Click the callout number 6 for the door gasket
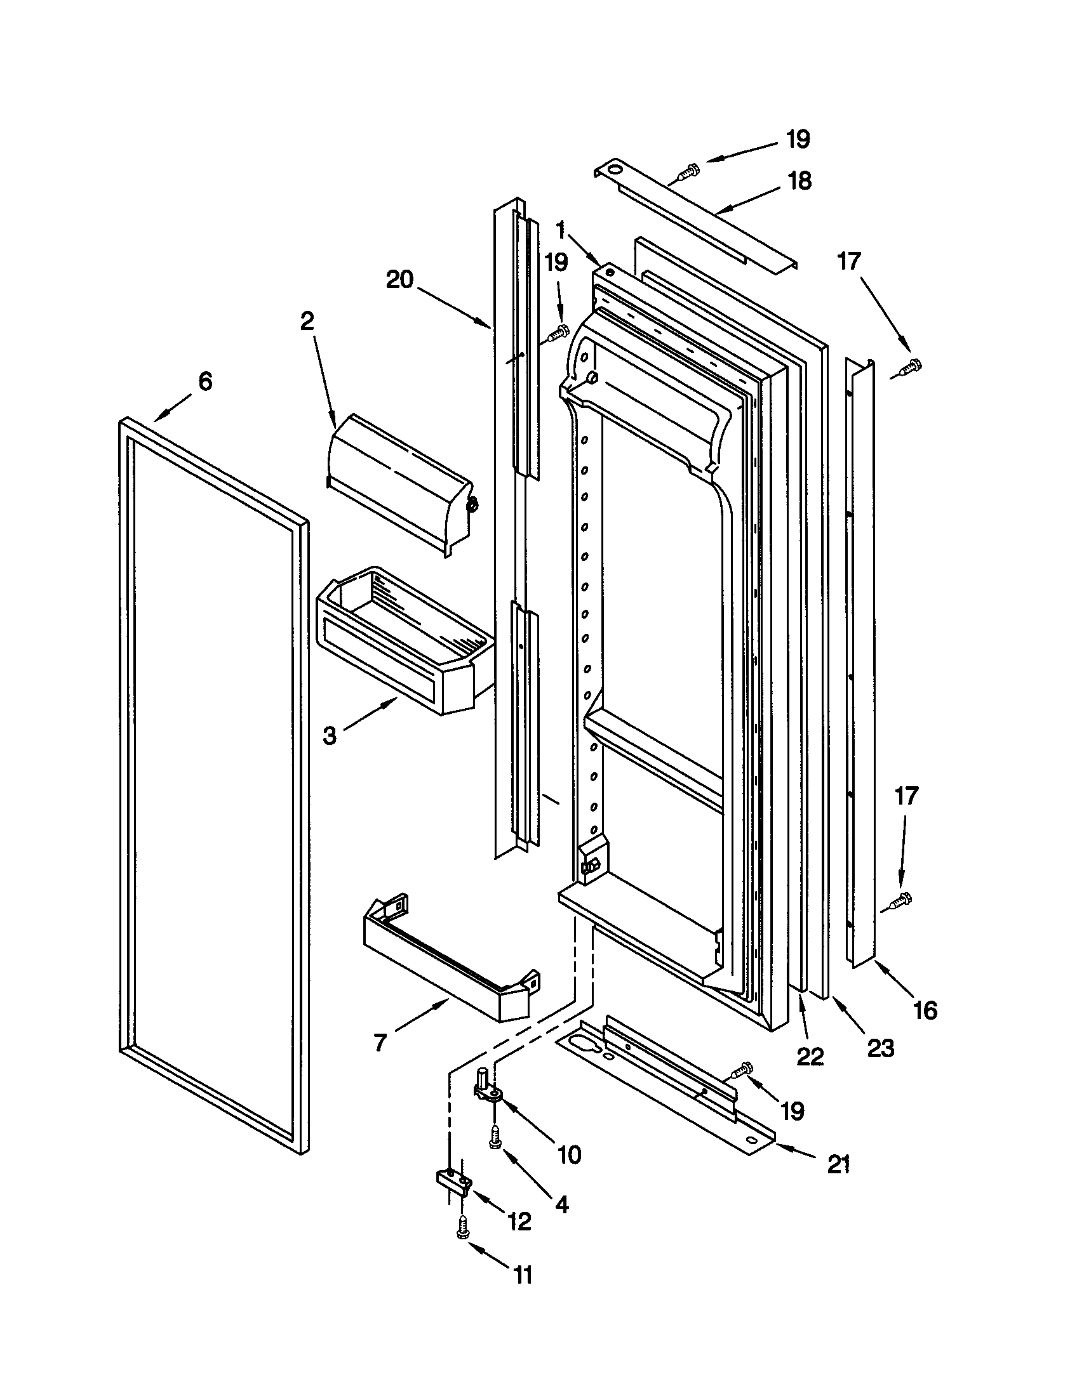[204, 381]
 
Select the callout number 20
[399, 279]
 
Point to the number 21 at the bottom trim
[838, 1164]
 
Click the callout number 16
[925, 1010]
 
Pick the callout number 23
[880, 1048]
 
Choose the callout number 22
[810, 1057]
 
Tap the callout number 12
[519, 1221]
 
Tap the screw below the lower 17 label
[901, 900]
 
